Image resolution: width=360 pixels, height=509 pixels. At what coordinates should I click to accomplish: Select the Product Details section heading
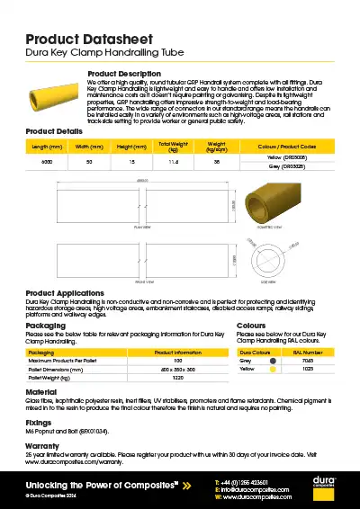(54, 131)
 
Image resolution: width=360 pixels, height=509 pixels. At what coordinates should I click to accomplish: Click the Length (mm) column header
(47, 145)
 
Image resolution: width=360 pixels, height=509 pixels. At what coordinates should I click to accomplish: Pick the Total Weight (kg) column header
(173, 145)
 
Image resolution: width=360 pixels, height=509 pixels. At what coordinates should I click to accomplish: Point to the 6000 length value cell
(47, 162)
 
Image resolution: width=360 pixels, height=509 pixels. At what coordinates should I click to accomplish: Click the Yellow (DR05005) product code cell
(287, 157)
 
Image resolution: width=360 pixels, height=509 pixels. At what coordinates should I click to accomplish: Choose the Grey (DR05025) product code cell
(287, 166)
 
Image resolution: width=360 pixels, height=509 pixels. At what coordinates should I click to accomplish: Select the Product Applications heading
(65, 293)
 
